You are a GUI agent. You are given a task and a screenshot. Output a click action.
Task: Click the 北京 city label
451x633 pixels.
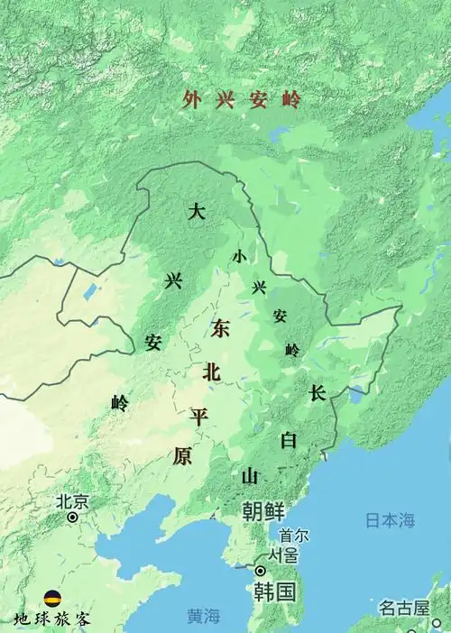pyautogui.click(x=72, y=501)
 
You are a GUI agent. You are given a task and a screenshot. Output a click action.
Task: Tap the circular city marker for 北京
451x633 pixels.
pyautogui.click(x=73, y=518)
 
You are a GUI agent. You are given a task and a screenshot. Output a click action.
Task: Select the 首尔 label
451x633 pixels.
pyautogui.click(x=294, y=536)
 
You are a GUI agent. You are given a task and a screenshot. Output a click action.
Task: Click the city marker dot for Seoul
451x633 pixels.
pyautogui.click(x=261, y=571)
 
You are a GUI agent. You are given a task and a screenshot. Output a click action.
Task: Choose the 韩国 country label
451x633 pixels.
pyautogui.click(x=274, y=592)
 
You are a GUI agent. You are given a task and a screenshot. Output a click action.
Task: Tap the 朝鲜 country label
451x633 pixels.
pyautogui.click(x=263, y=511)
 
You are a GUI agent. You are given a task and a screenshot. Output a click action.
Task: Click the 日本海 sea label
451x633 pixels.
pyautogui.click(x=390, y=520)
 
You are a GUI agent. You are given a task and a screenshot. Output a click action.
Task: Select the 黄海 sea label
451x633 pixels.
pyautogui.click(x=204, y=617)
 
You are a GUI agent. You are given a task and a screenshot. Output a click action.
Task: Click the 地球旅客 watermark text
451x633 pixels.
pyautogui.click(x=52, y=619)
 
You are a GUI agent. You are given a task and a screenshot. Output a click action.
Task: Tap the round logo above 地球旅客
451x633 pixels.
pyautogui.click(x=52, y=599)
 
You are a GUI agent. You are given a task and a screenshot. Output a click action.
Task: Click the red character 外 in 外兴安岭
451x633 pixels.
pyautogui.click(x=189, y=100)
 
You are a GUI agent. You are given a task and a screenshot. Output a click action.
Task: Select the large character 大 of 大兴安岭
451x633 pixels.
pyautogui.click(x=198, y=213)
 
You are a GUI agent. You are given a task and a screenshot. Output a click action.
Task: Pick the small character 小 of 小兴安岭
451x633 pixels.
pyautogui.click(x=238, y=256)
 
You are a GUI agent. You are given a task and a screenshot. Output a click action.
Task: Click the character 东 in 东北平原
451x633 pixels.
pyautogui.click(x=220, y=329)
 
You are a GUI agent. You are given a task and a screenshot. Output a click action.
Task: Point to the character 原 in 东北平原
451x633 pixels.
pyautogui.click(x=182, y=456)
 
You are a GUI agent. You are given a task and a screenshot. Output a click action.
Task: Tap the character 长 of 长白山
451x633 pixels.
pyautogui.click(x=317, y=393)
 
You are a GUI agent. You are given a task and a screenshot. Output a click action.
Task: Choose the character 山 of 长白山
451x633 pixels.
pyautogui.click(x=250, y=475)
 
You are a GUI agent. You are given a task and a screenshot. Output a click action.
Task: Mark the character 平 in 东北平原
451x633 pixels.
pyautogui.click(x=198, y=416)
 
